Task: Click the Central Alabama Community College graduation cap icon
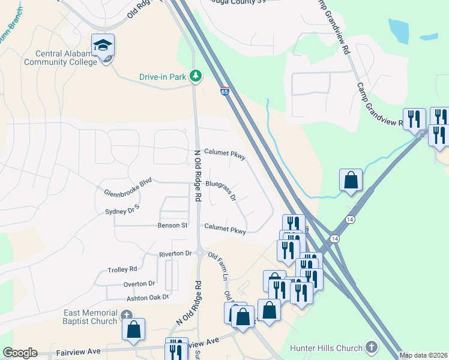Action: click(103, 46)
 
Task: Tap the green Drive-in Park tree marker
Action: click(195, 76)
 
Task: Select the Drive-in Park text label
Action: click(163, 77)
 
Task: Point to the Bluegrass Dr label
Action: click(221, 190)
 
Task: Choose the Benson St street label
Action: click(173, 226)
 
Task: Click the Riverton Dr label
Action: click(175, 254)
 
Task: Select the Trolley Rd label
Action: click(122, 269)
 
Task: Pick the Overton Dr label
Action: click(139, 284)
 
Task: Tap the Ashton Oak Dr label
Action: click(148, 298)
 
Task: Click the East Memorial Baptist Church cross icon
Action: click(126, 315)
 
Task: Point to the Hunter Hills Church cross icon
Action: click(372, 348)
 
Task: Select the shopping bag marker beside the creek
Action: click(350, 180)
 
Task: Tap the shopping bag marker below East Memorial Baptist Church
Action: click(133, 329)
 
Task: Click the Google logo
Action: click(20, 353)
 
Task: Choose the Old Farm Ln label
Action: click(218, 265)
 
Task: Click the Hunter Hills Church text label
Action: click(326, 348)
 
